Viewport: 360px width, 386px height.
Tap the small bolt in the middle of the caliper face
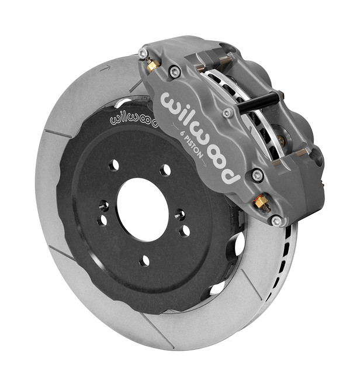tap(227, 112)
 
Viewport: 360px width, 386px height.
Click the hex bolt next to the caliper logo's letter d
tap(257, 174)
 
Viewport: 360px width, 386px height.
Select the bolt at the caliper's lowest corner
tap(277, 221)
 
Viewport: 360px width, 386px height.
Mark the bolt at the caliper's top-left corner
tap(143, 53)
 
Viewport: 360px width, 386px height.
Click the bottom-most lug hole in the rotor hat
tap(144, 260)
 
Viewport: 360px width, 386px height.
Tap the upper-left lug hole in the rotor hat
tap(113, 164)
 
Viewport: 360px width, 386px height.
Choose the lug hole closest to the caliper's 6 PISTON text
tap(165, 170)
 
